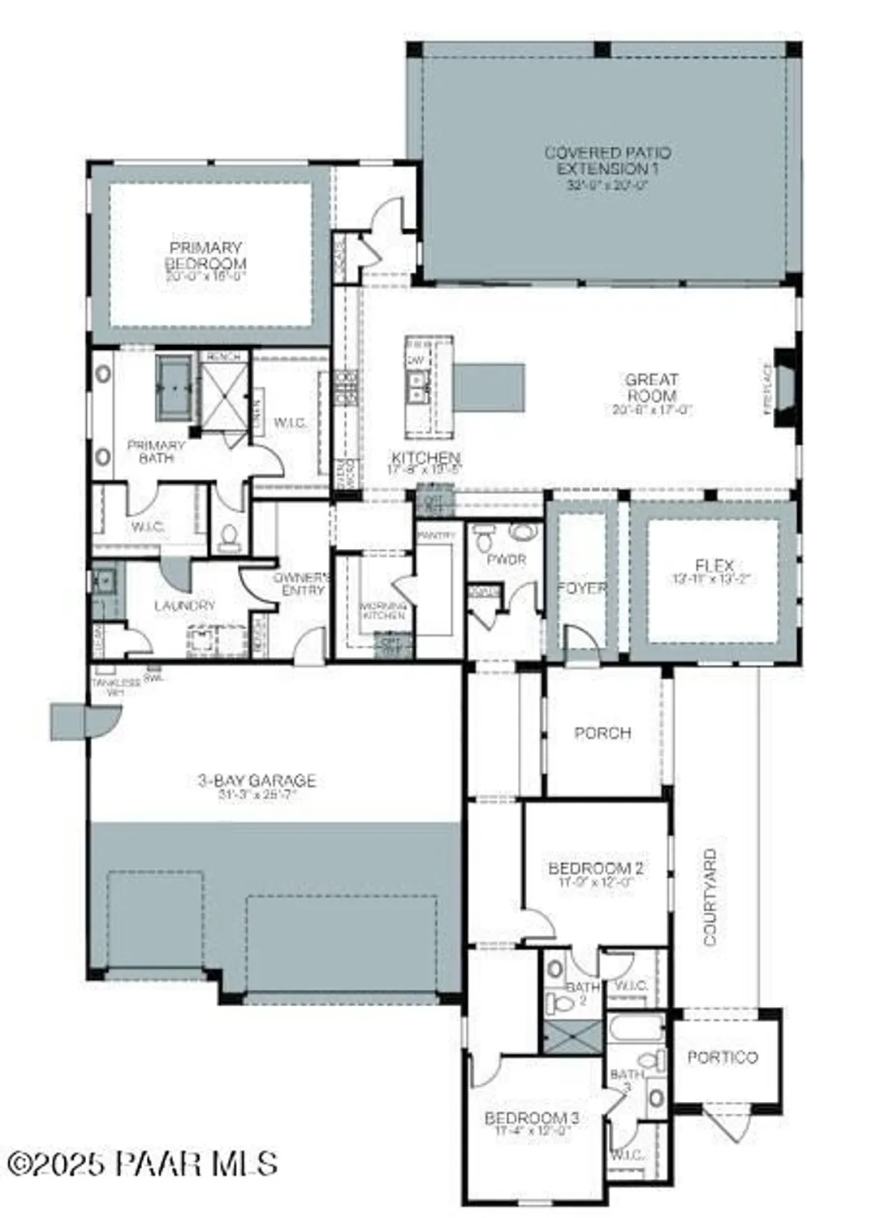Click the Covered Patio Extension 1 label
pyautogui.click(x=607, y=161)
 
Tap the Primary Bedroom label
pyautogui.click(x=205, y=255)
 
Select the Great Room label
pyautogui.click(x=651, y=387)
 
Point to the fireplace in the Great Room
pyautogui.click(x=784, y=388)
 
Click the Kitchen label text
pyautogui.click(x=426, y=459)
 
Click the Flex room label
pyautogui.click(x=714, y=565)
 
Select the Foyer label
pyautogui.click(x=582, y=587)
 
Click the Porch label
pyautogui.click(x=602, y=732)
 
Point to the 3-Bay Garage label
pyautogui.click(x=257, y=780)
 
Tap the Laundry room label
pyautogui.click(x=184, y=605)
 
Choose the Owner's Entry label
pyautogui.click(x=302, y=584)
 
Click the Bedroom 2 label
pyautogui.click(x=596, y=868)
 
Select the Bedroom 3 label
pyautogui.click(x=532, y=1118)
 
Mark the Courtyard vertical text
pyautogui.click(x=710, y=896)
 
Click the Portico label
pyautogui.click(x=723, y=1056)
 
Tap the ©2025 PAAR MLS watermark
pyautogui.click(x=142, y=1164)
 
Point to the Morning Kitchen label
pyautogui.click(x=383, y=611)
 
